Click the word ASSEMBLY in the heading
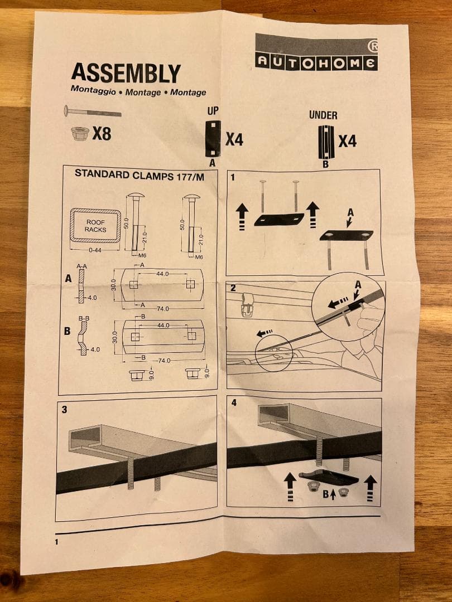pos(126,74)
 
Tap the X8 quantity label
pos(102,134)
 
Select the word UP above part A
pos(213,111)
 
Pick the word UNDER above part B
pos(323,115)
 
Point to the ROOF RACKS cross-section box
pos(95,225)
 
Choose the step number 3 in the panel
pos(64,410)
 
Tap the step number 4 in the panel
pos(234,403)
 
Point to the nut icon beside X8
pos(80,134)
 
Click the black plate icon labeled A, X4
pos(213,139)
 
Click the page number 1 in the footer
pos(57,541)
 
